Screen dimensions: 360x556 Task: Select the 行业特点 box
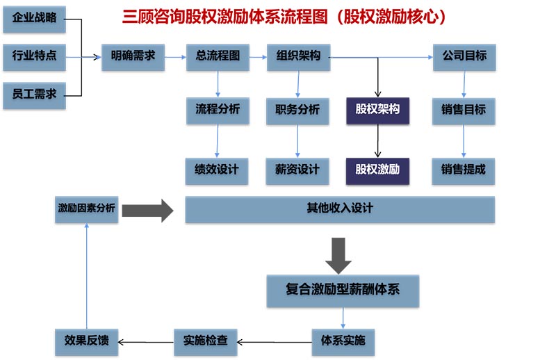tap(34, 57)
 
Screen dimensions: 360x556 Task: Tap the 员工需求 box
tap(34, 95)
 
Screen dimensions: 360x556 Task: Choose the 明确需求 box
tap(133, 57)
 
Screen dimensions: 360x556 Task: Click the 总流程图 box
tap(218, 57)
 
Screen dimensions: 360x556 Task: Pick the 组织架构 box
tap(298, 57)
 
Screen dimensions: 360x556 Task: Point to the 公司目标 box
tap(464, 57)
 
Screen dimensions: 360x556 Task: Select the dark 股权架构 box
tap(377, 110)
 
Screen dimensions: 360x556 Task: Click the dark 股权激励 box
tap(377, 170)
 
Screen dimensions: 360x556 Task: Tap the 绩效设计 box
tap(217, 170)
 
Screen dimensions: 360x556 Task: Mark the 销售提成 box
tap(464, 170)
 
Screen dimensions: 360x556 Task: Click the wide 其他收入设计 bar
tap(340, 209)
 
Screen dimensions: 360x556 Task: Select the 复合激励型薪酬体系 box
tap(343, 290)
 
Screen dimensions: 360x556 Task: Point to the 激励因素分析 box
tap(87, 208)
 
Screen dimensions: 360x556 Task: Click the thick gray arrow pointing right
tap(147, 209)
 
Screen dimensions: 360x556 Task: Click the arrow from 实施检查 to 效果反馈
tap(146, 341)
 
